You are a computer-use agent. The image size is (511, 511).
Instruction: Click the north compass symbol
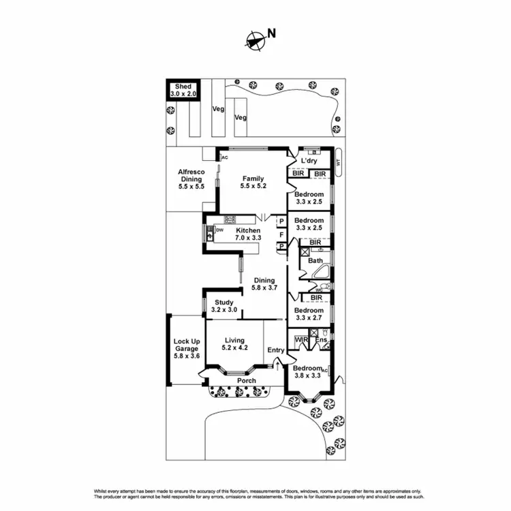(x=255, y=40)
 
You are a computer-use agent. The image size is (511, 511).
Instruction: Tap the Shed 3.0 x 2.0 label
(x=183, y=91)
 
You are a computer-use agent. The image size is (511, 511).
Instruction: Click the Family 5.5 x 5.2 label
(x=251, y=183)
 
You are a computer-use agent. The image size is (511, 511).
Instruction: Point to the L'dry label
(x=309, y=161)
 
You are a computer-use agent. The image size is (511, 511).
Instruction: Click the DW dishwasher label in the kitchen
(x=219, y=230)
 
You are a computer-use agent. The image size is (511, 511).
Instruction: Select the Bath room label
(x=315, y=260)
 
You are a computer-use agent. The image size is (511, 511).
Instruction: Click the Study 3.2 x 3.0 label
(x=223, y=306)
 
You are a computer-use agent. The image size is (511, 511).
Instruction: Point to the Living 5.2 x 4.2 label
(x=234, y=344)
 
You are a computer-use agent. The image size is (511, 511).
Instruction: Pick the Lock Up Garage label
(x=186, y=349)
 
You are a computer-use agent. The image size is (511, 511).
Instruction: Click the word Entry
(x=276, y=350)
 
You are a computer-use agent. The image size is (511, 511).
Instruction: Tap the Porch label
(x=247, y=381)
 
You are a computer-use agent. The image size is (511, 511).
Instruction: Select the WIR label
(x=300, y=339)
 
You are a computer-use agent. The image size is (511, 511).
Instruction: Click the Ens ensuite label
(x=322, y=339)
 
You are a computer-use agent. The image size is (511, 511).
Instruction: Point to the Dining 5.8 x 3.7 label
(x=264, y=284)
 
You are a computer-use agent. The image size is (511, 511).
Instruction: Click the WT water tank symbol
(x=338, y=161)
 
